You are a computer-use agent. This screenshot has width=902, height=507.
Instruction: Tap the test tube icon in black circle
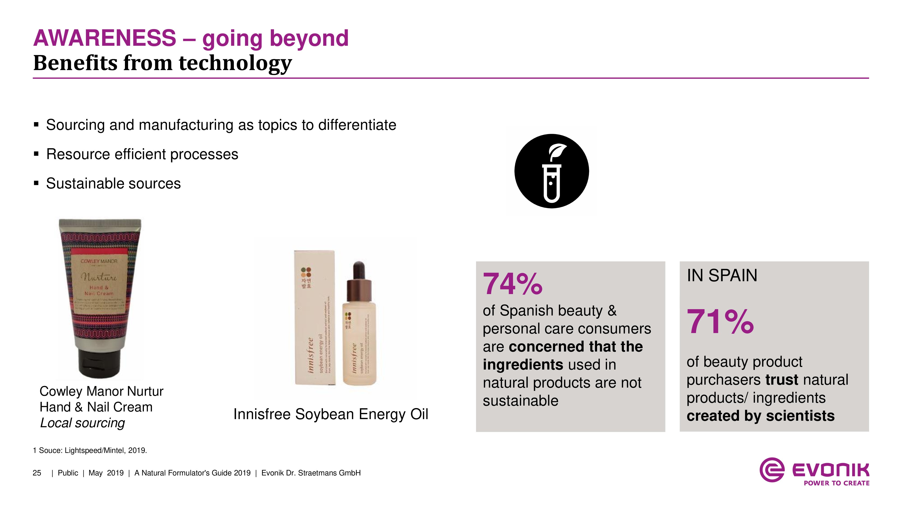click(x=552, y=171)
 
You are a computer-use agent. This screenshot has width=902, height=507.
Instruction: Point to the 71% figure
click(x=720, y=322)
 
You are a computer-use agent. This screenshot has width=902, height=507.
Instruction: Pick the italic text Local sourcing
click(x=82, y=423)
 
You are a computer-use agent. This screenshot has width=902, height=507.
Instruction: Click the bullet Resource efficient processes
click(x=142, y=154)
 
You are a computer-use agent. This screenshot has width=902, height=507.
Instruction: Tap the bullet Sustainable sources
click(x=113, y=184)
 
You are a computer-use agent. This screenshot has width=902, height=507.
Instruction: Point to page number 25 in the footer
click(x=37, y=473)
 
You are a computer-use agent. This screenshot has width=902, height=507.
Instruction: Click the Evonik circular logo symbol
click(x=771, y=470)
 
